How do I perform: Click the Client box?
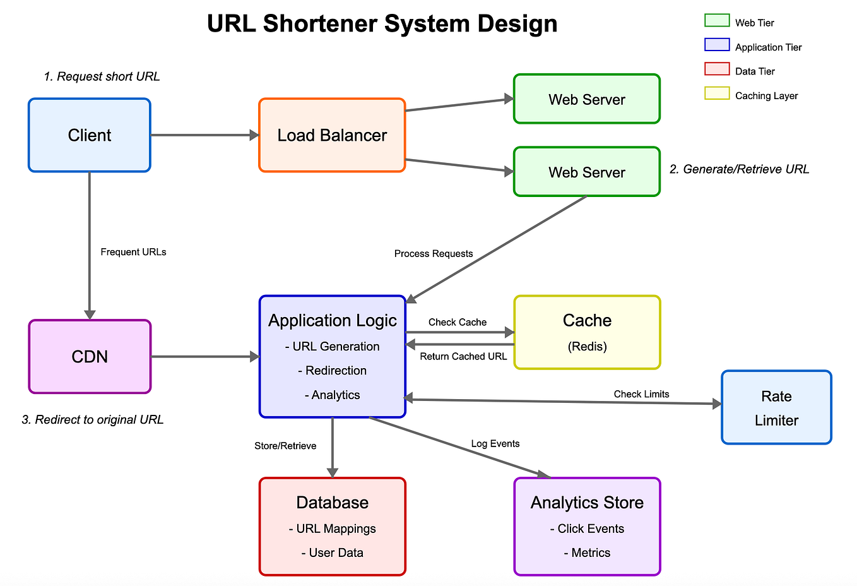90,135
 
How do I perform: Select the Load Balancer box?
332,135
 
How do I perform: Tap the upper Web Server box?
586,99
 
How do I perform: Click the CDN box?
90,357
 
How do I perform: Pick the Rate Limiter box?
776,408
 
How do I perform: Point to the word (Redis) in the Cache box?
587,347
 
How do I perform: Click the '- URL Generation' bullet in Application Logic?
332,347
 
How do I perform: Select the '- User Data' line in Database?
332,553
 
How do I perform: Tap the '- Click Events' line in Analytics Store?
587,529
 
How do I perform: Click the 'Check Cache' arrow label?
458,322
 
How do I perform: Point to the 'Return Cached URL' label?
463,356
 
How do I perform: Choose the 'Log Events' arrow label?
495,443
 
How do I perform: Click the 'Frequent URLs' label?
133,252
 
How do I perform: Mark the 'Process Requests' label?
434,253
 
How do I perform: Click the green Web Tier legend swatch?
717,21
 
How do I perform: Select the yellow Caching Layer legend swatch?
717,94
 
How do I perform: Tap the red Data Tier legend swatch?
717,69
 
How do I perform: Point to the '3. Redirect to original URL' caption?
93,420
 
